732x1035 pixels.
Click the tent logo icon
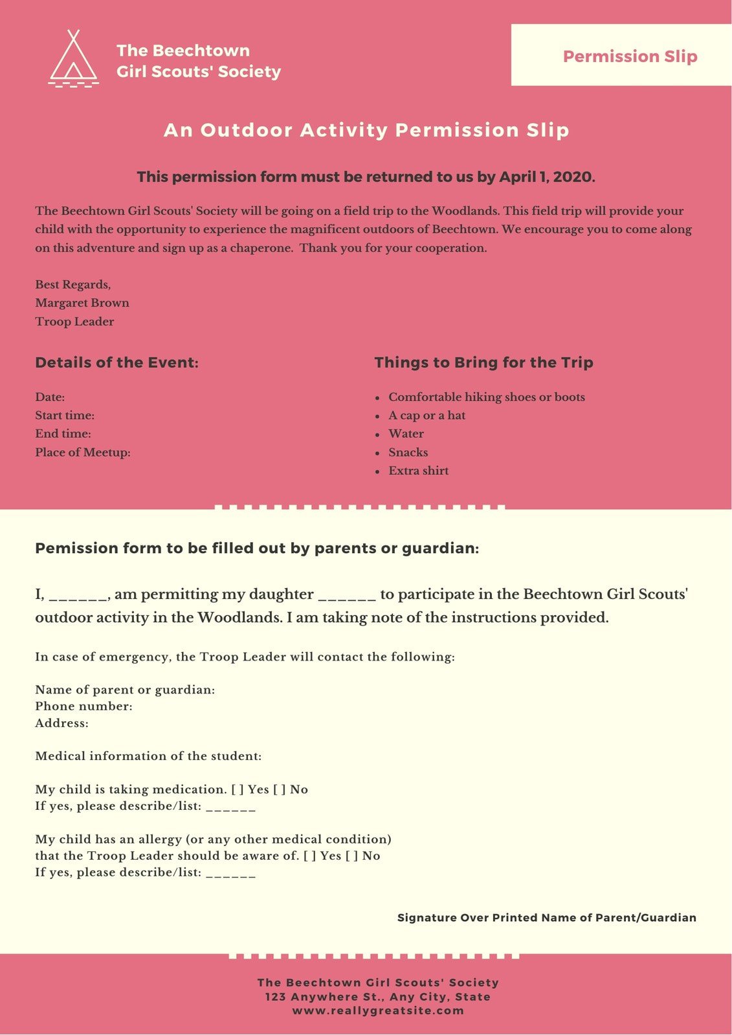(x=74, y=59)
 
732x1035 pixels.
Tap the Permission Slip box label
(x=630, y=56)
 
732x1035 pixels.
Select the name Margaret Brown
(x=82, y=303)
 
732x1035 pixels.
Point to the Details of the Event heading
(x=116, y=362)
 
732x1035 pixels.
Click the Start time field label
(x=65, y=415)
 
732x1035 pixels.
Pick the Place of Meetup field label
(x=83, y=452)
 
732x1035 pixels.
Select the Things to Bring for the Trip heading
(x=483, y=362)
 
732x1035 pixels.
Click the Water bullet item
(x=406, y=433)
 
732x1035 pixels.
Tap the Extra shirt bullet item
(x=418, y=470)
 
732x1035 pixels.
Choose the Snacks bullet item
(x=408, y=452)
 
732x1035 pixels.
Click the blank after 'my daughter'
(x=347, y=595)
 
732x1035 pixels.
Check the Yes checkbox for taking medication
(x=238, y=789)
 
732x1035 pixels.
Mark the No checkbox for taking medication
(x=280, y=789)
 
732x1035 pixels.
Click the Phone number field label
(x=83, y=706)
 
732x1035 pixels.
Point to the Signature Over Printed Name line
(x=546, y=917)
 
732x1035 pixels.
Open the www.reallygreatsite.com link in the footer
(x=378, y=1010)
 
